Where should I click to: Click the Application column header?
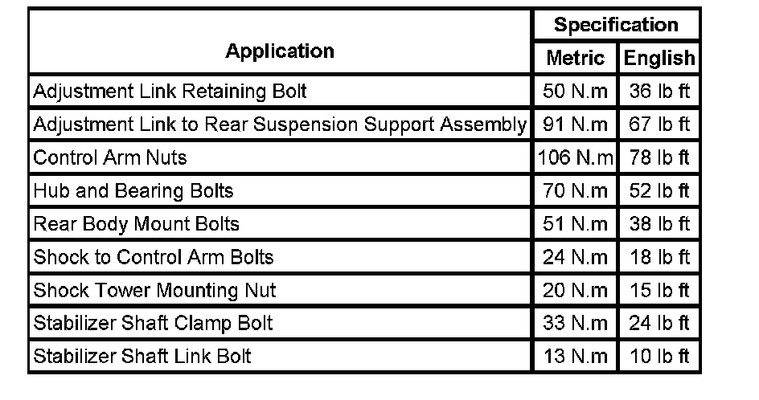279,51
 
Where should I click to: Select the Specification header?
616,25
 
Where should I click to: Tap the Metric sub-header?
575,58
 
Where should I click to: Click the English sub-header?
659,58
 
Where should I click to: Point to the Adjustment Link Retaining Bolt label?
170,92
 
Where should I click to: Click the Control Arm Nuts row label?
110,157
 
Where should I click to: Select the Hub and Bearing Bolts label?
133,191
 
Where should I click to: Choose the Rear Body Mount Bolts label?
137,224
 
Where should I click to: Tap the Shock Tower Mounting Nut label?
155,290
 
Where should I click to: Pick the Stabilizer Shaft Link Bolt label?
142,356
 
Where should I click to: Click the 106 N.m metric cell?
575,157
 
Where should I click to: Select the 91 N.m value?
576,124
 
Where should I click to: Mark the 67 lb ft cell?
659,124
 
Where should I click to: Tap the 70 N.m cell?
576,191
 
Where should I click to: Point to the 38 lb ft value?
659,224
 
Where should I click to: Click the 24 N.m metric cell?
576,257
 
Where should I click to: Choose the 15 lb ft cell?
659,290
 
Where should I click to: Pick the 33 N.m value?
576,323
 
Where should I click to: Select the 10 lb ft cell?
659,356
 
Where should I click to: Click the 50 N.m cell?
576,92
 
